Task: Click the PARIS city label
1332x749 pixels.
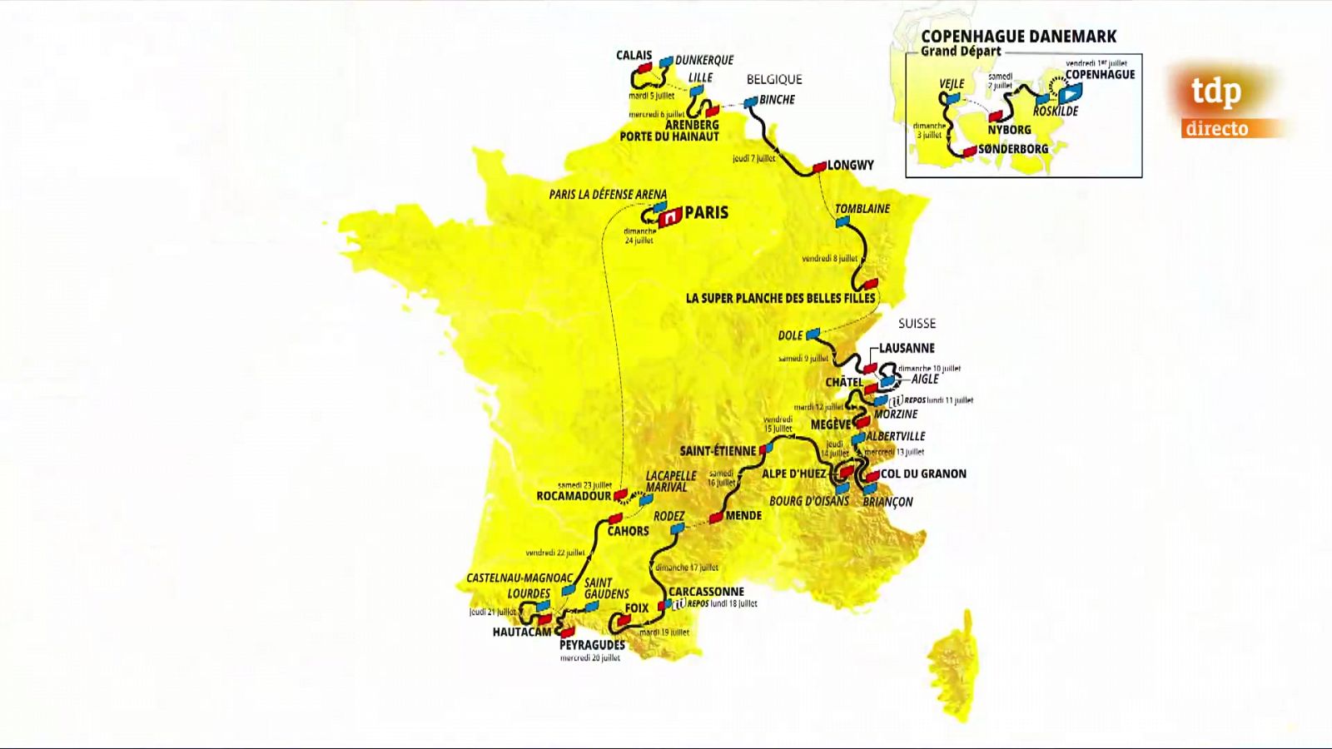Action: (706, 212)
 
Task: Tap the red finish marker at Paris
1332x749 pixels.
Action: (670, 218)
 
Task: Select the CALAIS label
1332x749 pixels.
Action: (634, 55)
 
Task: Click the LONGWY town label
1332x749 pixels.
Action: (850, 165)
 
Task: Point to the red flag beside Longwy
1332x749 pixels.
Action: (819, 167)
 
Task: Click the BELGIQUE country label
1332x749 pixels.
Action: (774, 79)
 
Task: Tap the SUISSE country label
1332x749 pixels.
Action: (917, 323)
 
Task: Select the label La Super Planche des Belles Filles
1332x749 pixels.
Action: (780, 298)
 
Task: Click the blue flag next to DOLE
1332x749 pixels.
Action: (813, 335)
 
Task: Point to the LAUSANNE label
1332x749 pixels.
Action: (907, 348)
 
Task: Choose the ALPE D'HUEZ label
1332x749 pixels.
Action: (794, 474)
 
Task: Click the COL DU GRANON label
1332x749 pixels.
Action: (923, 474)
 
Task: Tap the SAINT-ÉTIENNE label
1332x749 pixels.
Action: (718, 451)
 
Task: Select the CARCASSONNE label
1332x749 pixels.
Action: (706, 592)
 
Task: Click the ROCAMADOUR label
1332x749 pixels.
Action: (574, 496)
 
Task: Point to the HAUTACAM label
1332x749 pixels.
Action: (522, 632)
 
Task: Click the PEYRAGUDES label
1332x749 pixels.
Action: (592, 645)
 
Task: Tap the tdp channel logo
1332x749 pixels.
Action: (1216, 91)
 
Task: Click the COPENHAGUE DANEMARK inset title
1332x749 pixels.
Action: (1018, 37)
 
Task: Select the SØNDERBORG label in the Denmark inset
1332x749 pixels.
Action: (1012, 149)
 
